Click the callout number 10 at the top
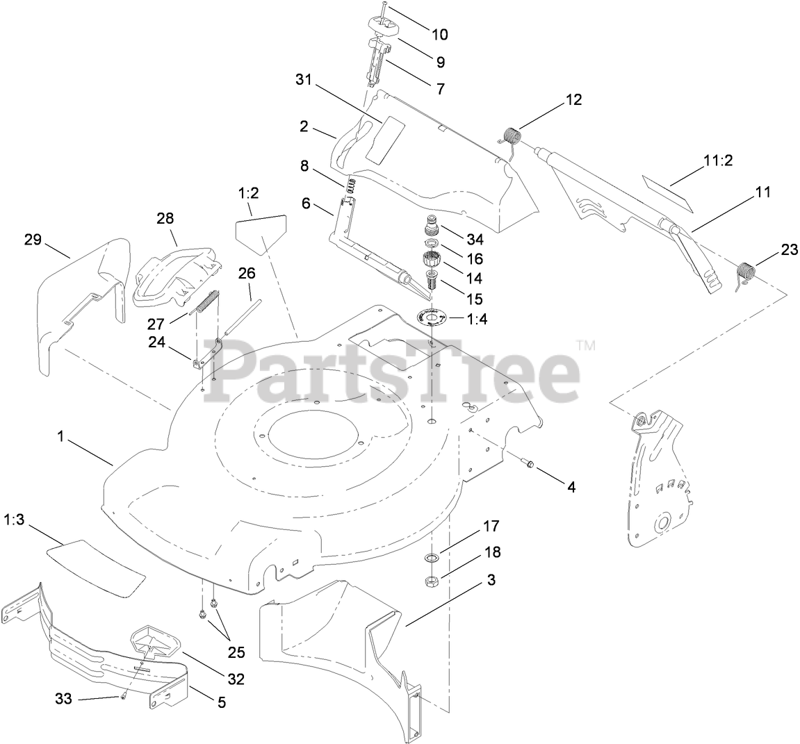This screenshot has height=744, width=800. [439, 34]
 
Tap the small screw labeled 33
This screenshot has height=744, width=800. [123, 698]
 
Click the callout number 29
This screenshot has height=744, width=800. [33, 240]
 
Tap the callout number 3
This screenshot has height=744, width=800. [491, 580]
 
